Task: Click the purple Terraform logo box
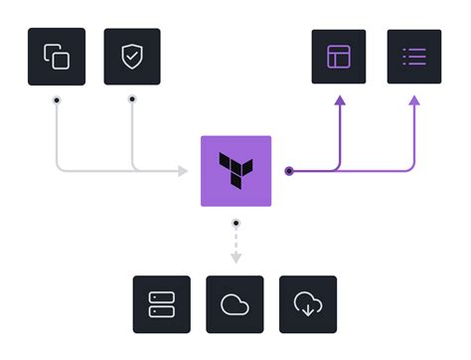pos(235,170)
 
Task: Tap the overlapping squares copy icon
pos(57,57)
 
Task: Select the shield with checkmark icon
pos(132,57)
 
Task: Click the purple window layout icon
pos(339,57)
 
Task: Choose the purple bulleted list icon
pos(414,57)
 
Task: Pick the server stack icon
pos(161,304)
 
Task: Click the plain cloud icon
pos(235,304)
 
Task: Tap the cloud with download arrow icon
pos(308,304)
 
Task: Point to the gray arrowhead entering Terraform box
pos(183,171)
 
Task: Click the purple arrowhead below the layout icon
pos(339,99)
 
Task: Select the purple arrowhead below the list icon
pos(414,99)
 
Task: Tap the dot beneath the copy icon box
pos(57,99)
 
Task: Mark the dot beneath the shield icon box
pos(132,99)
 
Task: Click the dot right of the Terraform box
pos(289,171)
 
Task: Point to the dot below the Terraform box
pos(235,222)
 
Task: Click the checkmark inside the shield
pos(132,57)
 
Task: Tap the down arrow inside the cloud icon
pos(308,308)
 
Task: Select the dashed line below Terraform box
pos(235,241)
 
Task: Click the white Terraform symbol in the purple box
pos(235,170)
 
